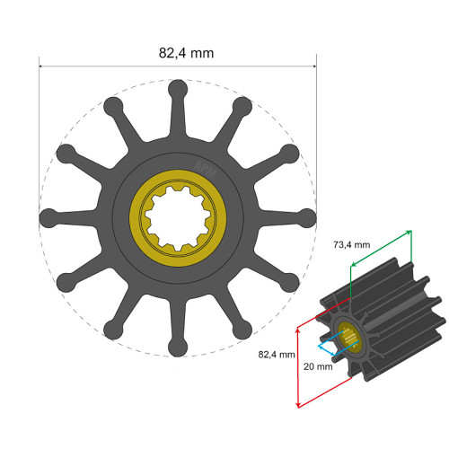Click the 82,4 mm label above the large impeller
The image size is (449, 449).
[x=186, y=53]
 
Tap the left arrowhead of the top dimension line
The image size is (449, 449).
[x=43, y=65]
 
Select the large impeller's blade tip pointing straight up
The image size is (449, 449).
[x=178, y=88]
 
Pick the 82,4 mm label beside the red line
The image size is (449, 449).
[x=276, y=354]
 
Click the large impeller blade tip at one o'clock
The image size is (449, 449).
[x=242, y=106]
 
